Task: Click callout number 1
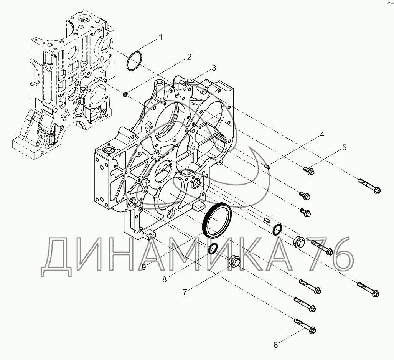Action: coord(160,38)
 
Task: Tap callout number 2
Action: coord(189,57)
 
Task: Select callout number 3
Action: coord(214,68)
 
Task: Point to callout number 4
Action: coord(321,135)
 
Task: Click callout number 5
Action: coord(344,148)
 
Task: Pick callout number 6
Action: coord(276,345)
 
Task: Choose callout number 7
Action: coord(185,292)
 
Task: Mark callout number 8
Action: coord(165,279)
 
